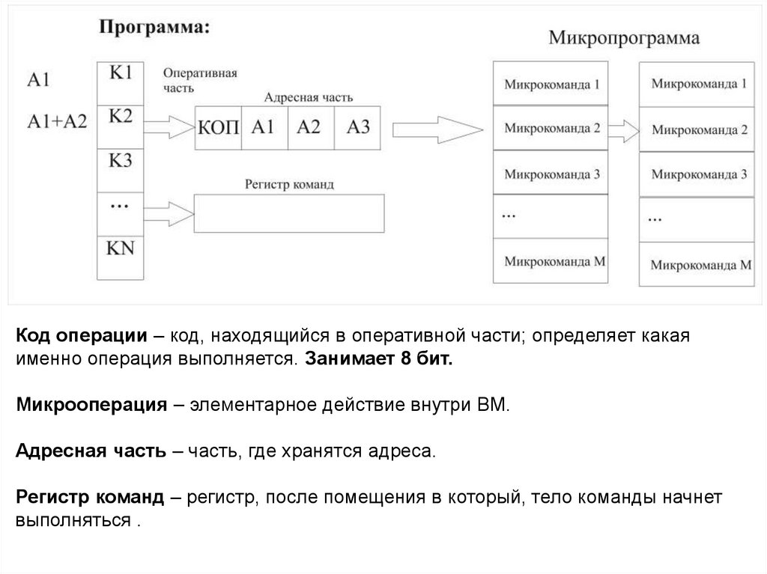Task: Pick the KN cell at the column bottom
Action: [x=121, y=248]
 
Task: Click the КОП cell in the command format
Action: [x=218, y=126]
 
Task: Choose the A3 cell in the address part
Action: [x=358, y=126]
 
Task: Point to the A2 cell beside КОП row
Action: [x=309, y=126]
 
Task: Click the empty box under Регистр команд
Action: [x=289, y=213]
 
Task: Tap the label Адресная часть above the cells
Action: [x=309, y=98]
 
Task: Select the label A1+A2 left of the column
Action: [x=57, y=120]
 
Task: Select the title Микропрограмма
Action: [x=625, y=37]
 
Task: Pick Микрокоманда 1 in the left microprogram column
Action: [x=552, y=85]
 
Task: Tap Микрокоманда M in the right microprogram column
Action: [x=700, y=264]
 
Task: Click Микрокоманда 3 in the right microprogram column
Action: [x=699, y=174]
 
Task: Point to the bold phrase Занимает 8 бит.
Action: [x=378, y=358]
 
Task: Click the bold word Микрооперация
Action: [x=91, y=406]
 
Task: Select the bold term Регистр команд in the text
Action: [x=90, y=498]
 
